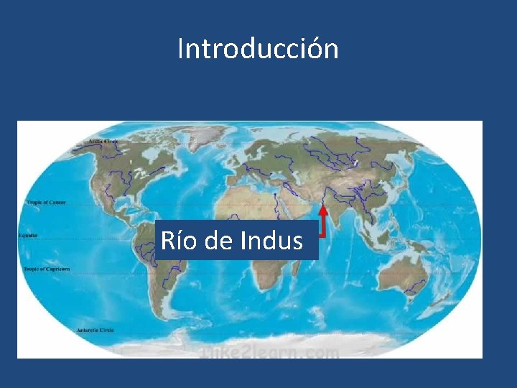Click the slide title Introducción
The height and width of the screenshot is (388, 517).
click(258, 49)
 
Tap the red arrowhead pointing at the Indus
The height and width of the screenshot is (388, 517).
click(324, 211)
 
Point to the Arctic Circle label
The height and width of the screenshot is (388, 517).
click(104, 142)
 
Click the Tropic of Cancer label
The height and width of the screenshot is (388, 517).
click(47, 203)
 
